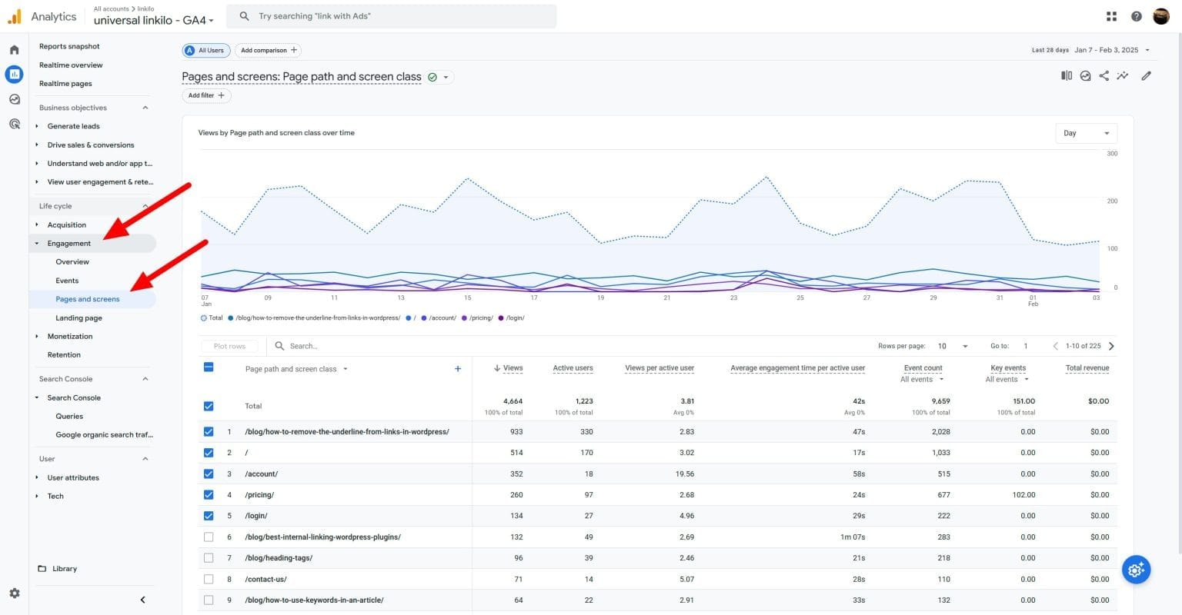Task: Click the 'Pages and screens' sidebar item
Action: pos(88,299)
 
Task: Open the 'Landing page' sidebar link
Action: pos(78,317)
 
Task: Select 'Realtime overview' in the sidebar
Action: pos(71,65)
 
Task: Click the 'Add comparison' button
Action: pos(268,51)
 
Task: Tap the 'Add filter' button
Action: pos(206,95)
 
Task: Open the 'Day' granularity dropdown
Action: pos(1085,133)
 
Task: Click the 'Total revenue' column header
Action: pos(1087,368)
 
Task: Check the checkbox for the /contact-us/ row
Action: pos(209,579)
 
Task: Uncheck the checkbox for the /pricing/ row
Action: pos(209,494)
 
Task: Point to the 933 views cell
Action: pos(516,432)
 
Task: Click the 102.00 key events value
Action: pos(1023,495)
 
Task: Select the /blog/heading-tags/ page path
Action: pos(279,558)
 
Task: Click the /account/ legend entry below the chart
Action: pos(442,318)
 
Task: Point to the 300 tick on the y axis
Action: pos(1112,154)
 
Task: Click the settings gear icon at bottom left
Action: pos(14,593)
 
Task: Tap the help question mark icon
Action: pos(1136,16)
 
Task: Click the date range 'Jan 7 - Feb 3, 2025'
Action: pos(1106,50)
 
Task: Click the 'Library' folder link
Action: pos(65,569)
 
